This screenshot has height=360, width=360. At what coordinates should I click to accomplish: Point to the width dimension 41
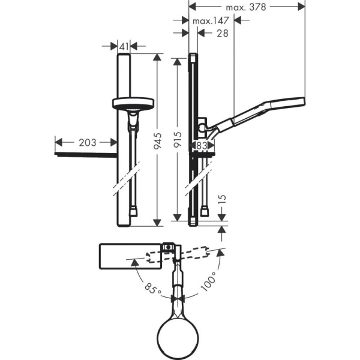[x=124, y=46]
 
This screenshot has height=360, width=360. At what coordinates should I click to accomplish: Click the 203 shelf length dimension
[x=86, y=142]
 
